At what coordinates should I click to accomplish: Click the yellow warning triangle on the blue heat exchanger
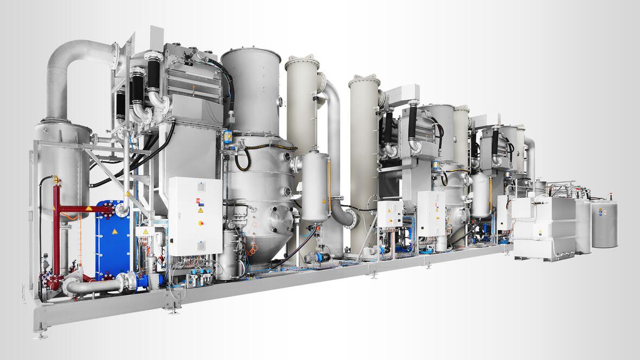pos(114,232)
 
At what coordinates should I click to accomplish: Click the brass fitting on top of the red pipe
pos(56,180)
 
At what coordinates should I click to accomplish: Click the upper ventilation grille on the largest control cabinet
pos(201,187)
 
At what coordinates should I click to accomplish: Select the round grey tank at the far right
pos(604,224)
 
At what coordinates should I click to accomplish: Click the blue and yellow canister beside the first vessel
pos(228,137)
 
